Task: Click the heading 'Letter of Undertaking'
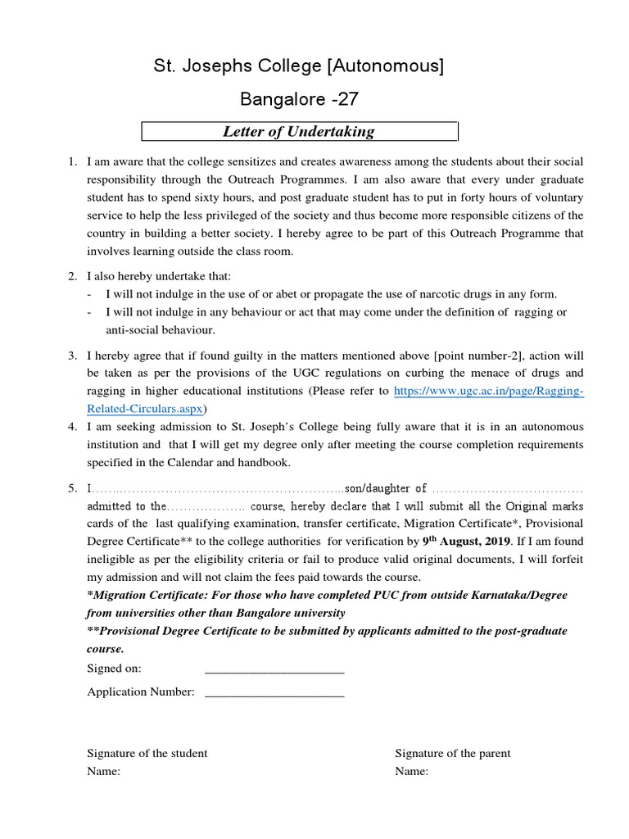(299, 131)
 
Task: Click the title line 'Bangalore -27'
(299, 99)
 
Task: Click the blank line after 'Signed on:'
(274, 669)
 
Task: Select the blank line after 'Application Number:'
(274, 692)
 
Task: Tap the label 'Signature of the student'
(147, 753)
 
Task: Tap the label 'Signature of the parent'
(453, 753)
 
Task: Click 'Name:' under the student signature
(104, 772)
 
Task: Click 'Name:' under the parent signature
(412, 772)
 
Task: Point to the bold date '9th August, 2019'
(466, 541)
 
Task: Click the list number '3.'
(72, 356)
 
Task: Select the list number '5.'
(72, 488)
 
